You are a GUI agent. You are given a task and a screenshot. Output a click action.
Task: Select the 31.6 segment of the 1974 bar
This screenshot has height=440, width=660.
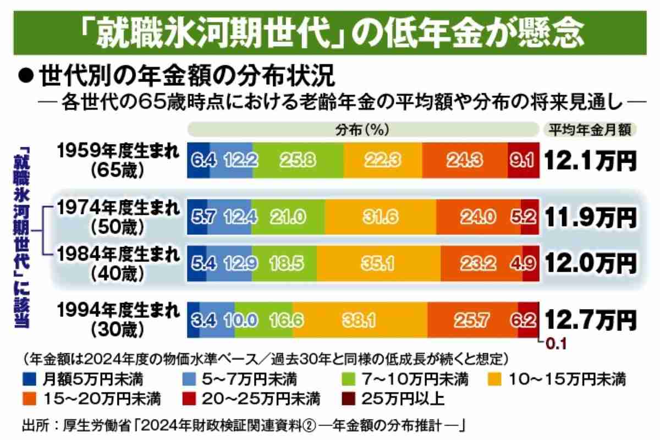[x=380, y=217]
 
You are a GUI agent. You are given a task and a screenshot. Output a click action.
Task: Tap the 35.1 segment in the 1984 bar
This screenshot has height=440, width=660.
[x=378, y=263]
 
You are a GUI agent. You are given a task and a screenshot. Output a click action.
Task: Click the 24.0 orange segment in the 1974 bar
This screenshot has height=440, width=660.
[x=478, y=217]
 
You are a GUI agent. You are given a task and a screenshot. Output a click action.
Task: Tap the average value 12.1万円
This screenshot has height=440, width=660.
[x=591, y=160]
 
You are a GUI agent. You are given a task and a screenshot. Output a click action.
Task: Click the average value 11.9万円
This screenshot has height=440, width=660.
[x=591, y=217]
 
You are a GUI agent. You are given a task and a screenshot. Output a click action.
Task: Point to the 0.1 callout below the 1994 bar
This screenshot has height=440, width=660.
[x=555, y=345]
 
